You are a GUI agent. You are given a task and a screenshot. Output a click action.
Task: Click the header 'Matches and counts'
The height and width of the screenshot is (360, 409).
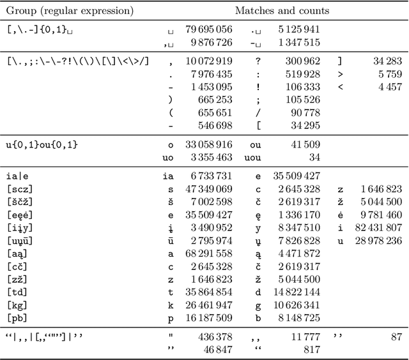coord(282,11)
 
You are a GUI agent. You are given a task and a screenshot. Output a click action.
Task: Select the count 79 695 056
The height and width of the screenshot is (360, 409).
coord(209,29)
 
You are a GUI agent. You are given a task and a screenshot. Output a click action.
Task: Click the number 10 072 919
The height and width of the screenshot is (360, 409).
coord(209,61)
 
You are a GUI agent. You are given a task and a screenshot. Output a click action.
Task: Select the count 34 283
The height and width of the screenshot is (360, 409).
coord(388,61)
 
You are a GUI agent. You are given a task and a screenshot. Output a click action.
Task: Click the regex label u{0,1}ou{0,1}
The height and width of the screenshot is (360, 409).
coord(42,145)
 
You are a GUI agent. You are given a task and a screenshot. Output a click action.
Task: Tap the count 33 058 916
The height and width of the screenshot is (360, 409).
coord(209,145)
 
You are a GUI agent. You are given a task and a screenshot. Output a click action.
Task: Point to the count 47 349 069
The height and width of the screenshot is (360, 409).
coord(209,189)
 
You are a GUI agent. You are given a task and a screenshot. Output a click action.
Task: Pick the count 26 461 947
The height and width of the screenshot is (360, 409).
coord(209,304)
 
